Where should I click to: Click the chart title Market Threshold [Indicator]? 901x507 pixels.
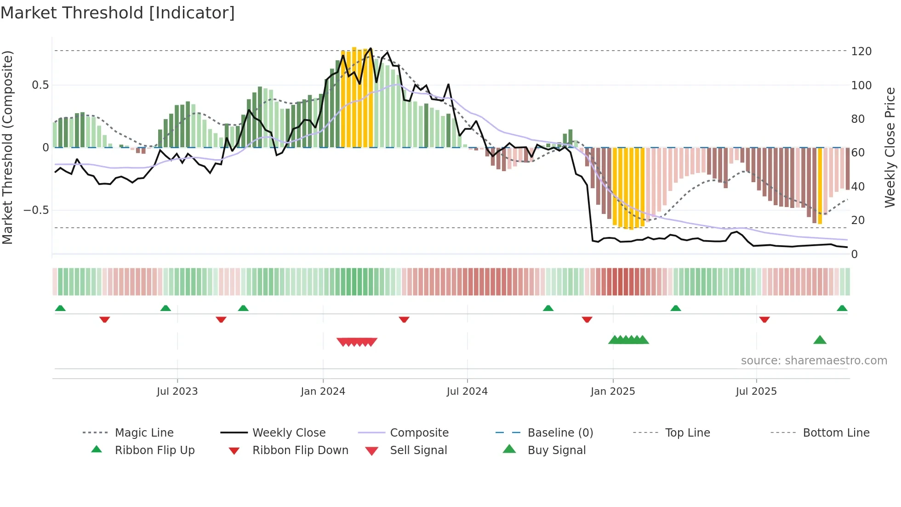(x=118, y=13)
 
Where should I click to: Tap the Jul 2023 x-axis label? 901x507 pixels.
(x=177, y=392)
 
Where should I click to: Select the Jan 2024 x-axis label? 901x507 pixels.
(x=323, y=392)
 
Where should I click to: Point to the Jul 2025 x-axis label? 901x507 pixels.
(x=756, y=392)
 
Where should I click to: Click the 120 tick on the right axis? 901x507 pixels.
(x=861, y=51)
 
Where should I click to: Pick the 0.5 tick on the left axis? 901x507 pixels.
(x=40, y=85)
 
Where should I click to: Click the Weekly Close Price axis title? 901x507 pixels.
(x=890, y=147)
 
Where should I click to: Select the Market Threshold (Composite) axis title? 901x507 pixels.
(x=7, y=147)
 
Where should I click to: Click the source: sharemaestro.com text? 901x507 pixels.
(x=814, y=361)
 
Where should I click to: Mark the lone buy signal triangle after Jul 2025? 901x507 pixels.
(x=820, y=340)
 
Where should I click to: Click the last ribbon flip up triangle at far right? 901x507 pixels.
(x=842, y=309)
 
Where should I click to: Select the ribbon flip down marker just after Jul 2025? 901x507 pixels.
(x=764, y=319)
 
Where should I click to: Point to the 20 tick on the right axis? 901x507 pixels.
(x=857, y=220)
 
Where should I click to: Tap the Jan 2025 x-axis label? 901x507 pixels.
(x=612, y=392)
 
